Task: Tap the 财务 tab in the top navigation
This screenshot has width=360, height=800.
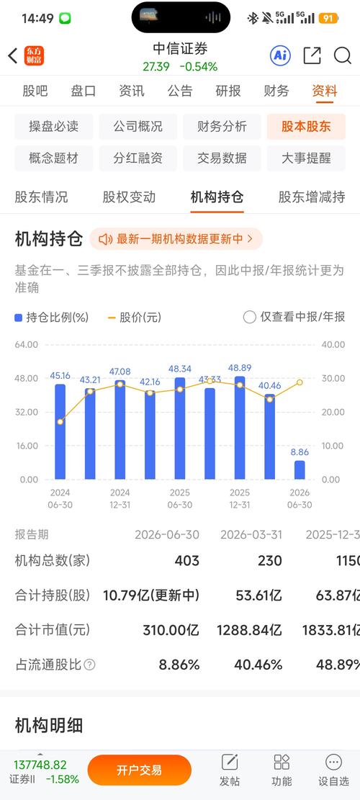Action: (276, 91)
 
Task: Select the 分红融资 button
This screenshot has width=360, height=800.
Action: (138, 158)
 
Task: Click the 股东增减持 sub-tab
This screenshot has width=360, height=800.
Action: (312, 197)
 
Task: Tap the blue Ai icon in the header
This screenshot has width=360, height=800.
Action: (280, 55)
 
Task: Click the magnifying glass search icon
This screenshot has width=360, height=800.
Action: (343, 55)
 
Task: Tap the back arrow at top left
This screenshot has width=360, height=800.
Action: (13, 55)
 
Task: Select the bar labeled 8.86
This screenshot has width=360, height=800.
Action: (300, 470)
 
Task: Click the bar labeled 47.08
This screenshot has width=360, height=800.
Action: (120, 430)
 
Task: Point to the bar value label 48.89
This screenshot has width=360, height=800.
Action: (240, 368)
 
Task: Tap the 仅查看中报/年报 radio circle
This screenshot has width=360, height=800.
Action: (249, 318)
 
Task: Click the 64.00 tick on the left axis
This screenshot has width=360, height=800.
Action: (27, 344)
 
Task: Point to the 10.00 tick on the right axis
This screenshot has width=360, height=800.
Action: (333, 446)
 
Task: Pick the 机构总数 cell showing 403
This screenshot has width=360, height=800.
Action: (186, 561)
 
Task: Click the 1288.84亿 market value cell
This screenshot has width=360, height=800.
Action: (249, 630)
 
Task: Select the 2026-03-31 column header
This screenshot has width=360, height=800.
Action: (251, 535)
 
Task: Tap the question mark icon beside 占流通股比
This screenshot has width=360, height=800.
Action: (89, 665)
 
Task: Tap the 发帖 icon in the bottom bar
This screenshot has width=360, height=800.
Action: (230, 763)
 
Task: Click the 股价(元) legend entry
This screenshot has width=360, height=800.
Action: (135, 318)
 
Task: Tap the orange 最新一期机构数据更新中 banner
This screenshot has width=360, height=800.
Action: (176, 239)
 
